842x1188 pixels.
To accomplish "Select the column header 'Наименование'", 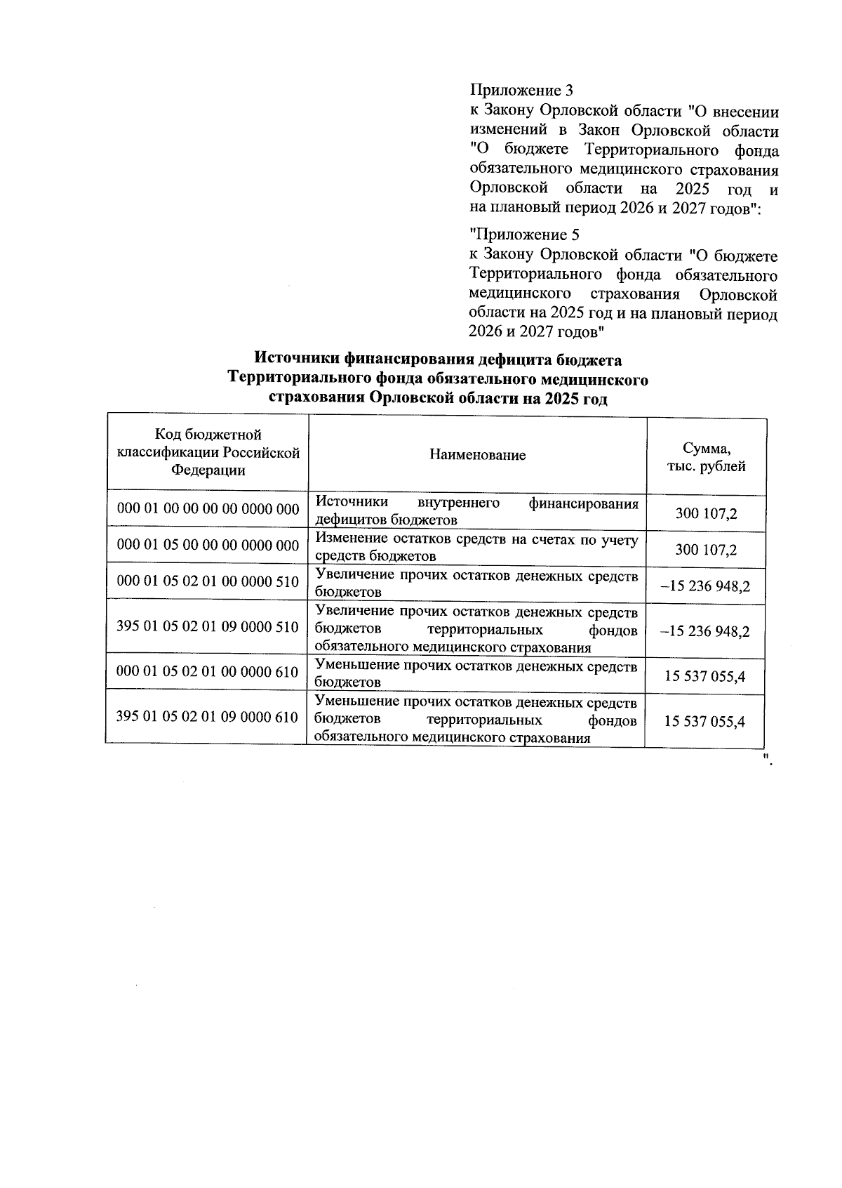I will tap(477, 455).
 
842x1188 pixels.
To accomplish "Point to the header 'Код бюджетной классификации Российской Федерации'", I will tap(208, 454).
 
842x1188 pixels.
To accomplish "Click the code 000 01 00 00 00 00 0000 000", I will tap(208, 509).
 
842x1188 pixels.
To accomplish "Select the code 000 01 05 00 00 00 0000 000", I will tap(208, 545).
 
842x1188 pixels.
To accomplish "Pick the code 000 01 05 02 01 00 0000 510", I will tap(208, 581).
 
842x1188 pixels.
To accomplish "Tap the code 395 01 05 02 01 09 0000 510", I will tap(208, 627).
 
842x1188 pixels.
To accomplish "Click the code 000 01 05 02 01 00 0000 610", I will tap(208, 672).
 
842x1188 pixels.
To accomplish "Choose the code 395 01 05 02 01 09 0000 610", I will tap(208, 717).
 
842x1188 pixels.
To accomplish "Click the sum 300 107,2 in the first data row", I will tap(706, 513).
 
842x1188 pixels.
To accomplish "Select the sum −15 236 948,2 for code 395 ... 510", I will tap(705, 631).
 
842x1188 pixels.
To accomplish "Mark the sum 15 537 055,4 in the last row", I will tap(704, 722).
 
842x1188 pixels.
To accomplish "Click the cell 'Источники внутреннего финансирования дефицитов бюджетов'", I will tap(476, 511).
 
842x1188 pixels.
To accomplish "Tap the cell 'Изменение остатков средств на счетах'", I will tap(476, 547).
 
